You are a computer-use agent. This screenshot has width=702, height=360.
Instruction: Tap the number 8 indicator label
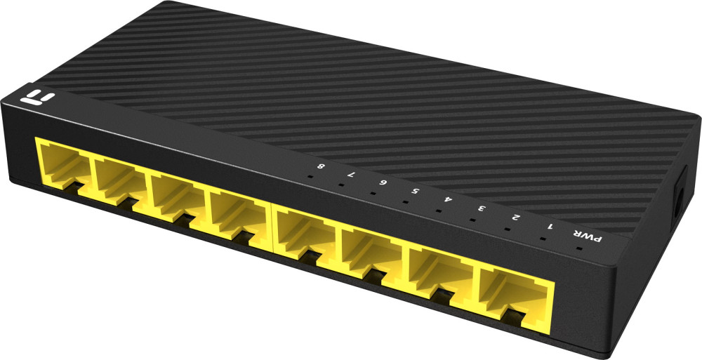(x=320, y=167)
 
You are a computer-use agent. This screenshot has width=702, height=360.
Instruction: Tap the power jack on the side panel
(x=679, y=197)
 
